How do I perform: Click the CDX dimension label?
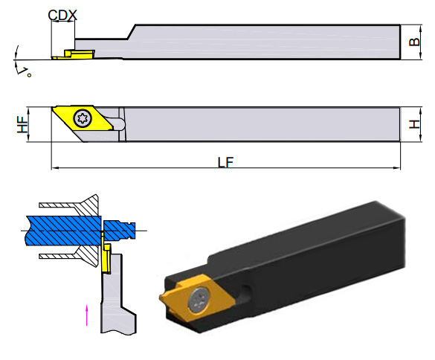point(62,15)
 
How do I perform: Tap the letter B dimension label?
point(415,42)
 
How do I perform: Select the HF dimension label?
point(23,124)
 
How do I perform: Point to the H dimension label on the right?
point(415,124)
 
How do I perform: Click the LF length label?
point(225,162)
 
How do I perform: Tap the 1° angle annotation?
point(25,72)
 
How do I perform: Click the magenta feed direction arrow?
point(87,315)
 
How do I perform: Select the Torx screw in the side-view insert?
point(83,118)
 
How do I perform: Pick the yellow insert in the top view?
point(74,54)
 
